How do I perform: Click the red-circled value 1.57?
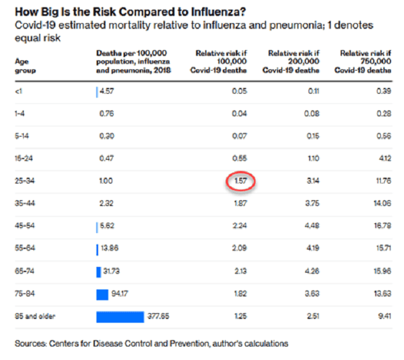coord(240,181)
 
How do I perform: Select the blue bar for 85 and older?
coord(120,316)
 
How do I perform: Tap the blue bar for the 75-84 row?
coord(102,294)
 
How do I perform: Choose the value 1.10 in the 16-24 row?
coord(313,159)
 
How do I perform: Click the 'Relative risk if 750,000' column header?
coord(366,62)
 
